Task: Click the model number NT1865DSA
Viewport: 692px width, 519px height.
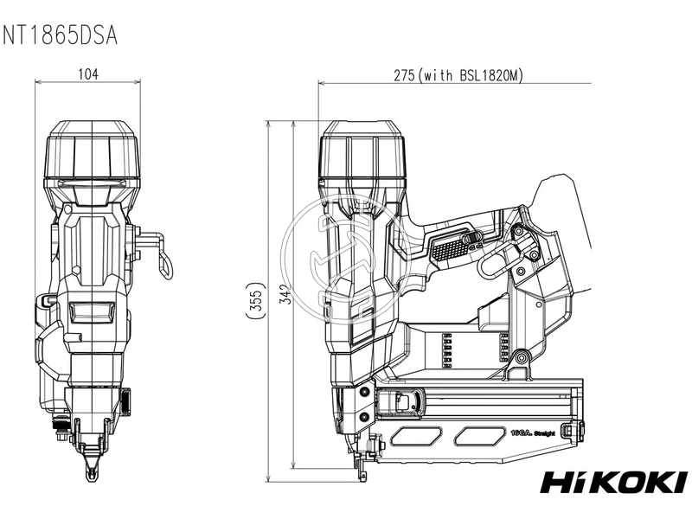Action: [60, 35]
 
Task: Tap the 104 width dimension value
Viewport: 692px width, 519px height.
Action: [88, 74]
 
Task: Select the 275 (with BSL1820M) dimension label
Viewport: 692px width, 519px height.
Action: [458, 75]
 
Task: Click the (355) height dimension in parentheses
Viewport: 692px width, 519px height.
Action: [253, 300]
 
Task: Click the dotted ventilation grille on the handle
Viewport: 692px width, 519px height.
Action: [452, 250]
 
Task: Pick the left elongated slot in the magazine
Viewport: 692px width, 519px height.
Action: [413, 434]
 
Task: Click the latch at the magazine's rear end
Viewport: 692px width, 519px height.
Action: [567, 429]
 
